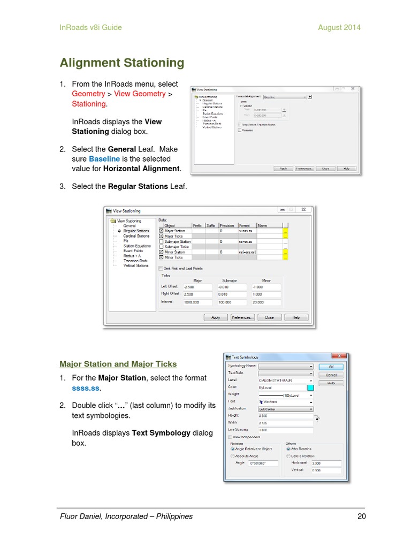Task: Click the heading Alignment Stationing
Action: tap(122, 63)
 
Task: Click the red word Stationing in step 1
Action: tap(89, 104)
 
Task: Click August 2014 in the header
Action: tap(339, 27)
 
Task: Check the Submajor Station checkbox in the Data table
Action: tap(161, 241)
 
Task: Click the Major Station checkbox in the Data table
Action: tap(161, 231)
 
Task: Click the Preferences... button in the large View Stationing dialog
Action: tap(242, 317)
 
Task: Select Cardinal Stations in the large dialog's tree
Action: tap(136, 236)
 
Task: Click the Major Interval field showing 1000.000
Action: tap(196, 302)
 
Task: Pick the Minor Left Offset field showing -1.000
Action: tap(266, 287)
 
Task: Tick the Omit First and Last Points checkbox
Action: tap(161, 268)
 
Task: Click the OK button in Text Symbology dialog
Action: tap(331, 367)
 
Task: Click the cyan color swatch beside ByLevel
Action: tap(310, 387)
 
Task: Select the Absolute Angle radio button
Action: tap(232, 456)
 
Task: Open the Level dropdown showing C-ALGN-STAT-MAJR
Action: tap(285, 379)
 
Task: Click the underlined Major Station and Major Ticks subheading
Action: tap(118, 364)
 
